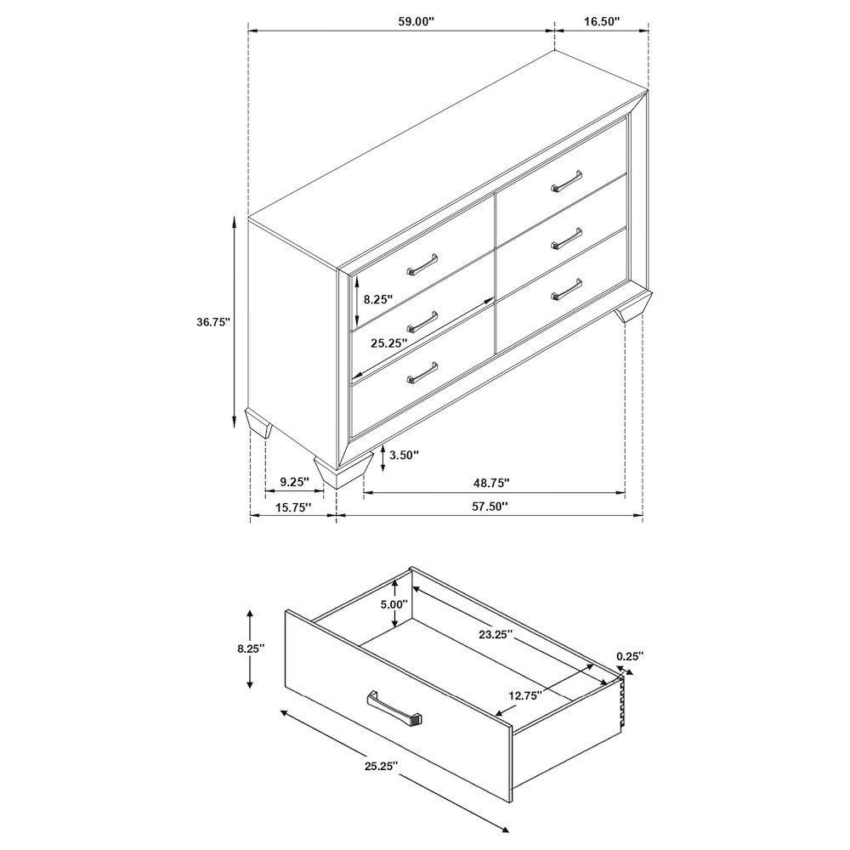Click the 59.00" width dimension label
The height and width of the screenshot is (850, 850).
tap(416, 21)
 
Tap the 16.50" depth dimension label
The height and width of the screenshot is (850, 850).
tap(602, 21)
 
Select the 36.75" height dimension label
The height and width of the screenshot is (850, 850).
tap(213, 321)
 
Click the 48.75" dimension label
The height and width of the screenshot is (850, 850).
tap(491, 481)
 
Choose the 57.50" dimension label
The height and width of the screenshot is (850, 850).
tap(490, 507)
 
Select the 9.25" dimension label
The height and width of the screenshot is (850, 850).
tap(294, 481)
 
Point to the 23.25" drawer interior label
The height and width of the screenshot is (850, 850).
tap(496, 634)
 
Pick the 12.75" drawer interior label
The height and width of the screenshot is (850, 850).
tap(525, 695)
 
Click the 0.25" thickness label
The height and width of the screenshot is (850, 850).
tap(629, 655)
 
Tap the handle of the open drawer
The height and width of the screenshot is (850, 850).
tap(394, 709)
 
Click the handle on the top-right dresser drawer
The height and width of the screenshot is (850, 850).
tap(566, 181)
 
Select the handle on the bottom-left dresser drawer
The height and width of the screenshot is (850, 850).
tap(422, 373)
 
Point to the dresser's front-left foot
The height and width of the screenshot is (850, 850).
tap(343, 471)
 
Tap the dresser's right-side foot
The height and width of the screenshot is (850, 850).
tap(633, 307)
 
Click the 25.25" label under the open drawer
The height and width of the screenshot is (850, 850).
tap(381, 766)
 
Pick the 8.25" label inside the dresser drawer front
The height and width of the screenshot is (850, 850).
tap(378, 298)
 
